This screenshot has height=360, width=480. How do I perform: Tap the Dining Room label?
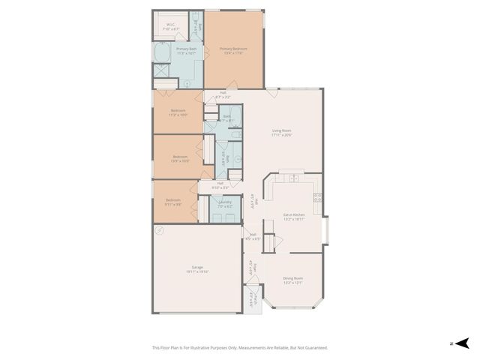(x=293, y=280)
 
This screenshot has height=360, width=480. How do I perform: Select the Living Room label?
(x=281, y=133)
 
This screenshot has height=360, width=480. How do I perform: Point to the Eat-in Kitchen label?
(x=293, y=217)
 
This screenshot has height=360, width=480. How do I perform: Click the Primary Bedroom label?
(x=233, y=50)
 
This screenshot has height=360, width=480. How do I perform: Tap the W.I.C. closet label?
(x=171, y=27)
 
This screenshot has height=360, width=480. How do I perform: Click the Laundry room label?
(x=224, y=203)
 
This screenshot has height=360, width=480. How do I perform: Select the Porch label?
(x=255, y=301)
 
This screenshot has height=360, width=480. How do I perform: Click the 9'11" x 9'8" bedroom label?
(x=173, y=202)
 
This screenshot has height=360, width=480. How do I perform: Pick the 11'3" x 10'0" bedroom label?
(x=178, y=113)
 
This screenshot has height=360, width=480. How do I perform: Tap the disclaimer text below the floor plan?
(x=240, y=347)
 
